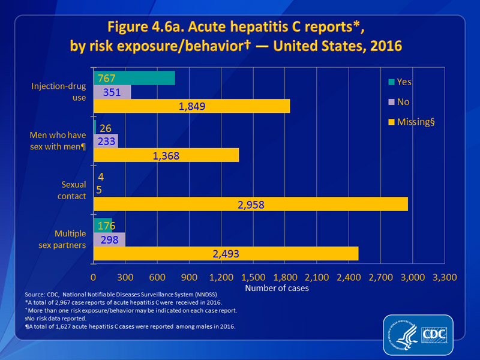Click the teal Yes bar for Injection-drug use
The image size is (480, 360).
pos(134,78)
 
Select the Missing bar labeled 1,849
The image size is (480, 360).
pos(191,106)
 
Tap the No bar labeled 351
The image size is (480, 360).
pos(112,92)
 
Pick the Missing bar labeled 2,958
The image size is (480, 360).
pos(250,204)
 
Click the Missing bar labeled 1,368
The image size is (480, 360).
pos(166,155)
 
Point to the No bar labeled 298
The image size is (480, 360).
pos(109,240)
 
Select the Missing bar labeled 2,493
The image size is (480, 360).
pos(226,253)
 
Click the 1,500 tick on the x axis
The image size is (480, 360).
pos(253,278)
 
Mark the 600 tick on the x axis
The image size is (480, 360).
pos(157,278)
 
